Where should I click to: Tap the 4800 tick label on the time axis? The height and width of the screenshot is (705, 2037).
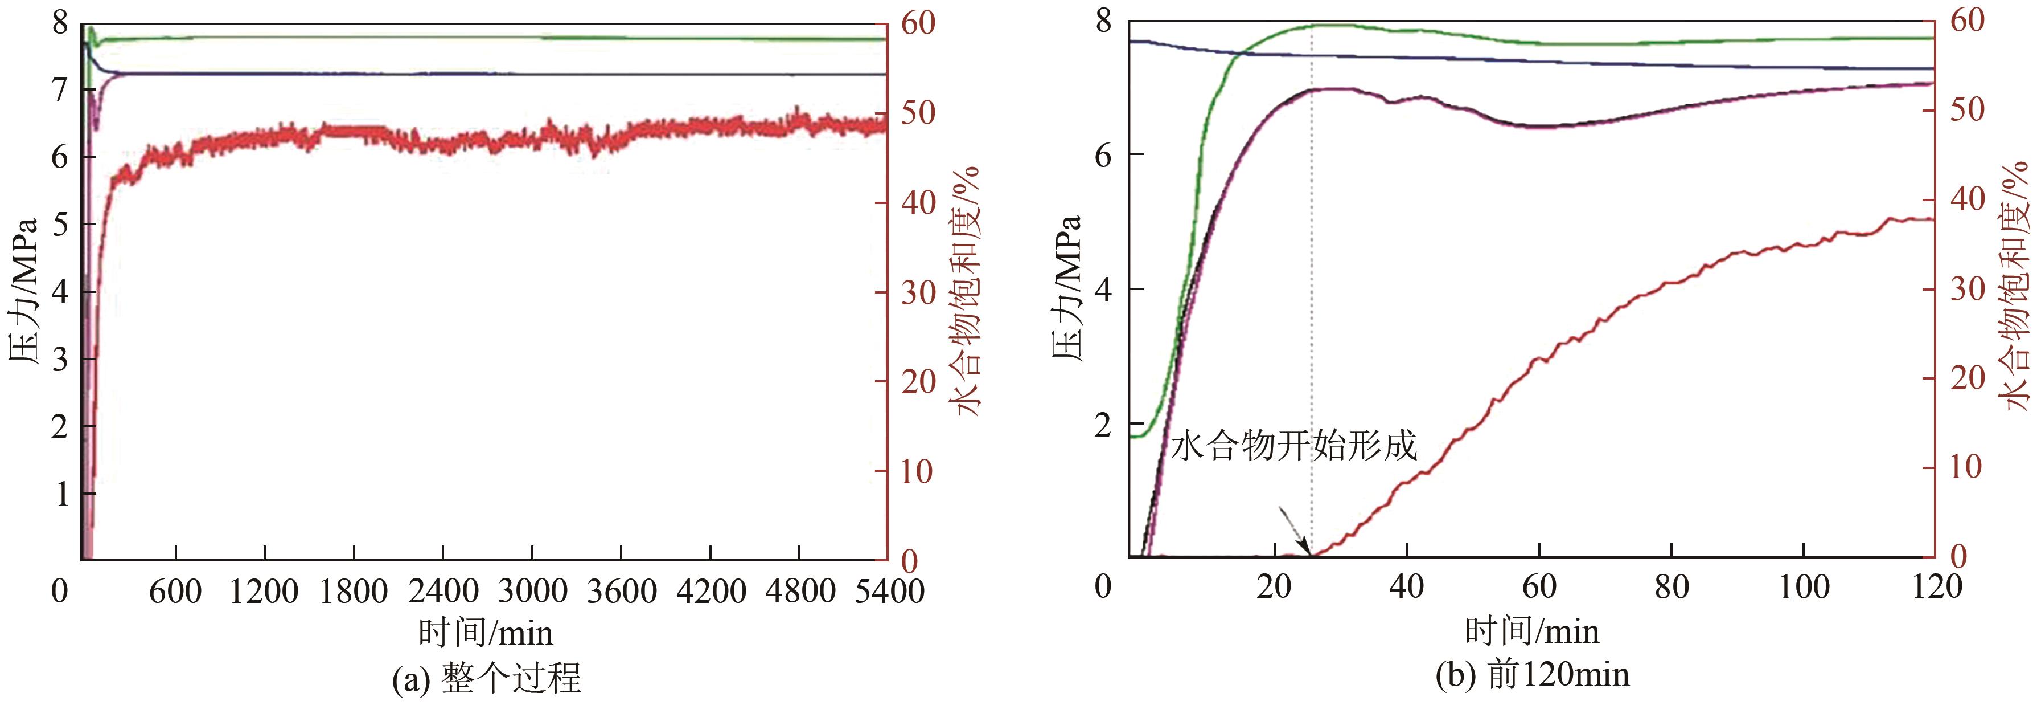point(800,591)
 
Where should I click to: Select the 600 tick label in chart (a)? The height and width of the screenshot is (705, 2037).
point(175,591)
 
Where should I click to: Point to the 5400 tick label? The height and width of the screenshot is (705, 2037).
point(890,591)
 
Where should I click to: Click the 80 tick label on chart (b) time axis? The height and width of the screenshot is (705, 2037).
point(1672,586)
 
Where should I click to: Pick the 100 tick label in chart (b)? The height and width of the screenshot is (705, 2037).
point(1804,586)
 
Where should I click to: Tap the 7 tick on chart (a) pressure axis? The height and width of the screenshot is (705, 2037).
point(60,88)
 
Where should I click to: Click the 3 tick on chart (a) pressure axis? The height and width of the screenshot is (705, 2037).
point(60,359)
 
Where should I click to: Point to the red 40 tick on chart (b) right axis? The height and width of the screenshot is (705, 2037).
point(1966,198)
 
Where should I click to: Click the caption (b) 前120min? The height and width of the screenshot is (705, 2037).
point(1531,674)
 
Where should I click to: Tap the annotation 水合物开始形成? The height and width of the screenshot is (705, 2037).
point(1293,446)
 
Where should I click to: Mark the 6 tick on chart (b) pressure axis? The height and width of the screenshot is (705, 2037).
point(1103,154)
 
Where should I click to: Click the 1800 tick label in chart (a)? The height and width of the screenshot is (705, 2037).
point(354,591)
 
